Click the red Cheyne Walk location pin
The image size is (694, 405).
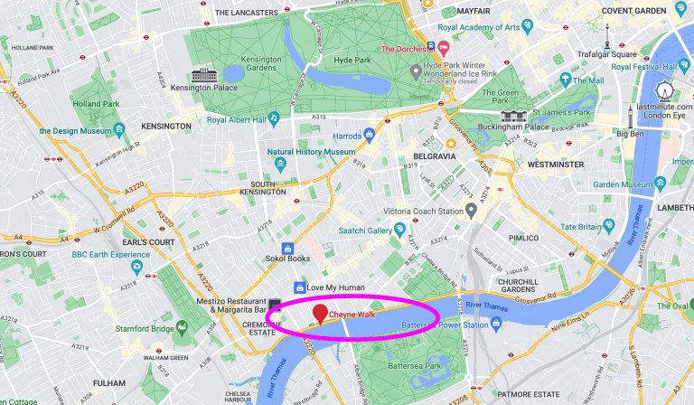click(x=319, y=314)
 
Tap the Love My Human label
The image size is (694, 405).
click(x=335, y=287)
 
